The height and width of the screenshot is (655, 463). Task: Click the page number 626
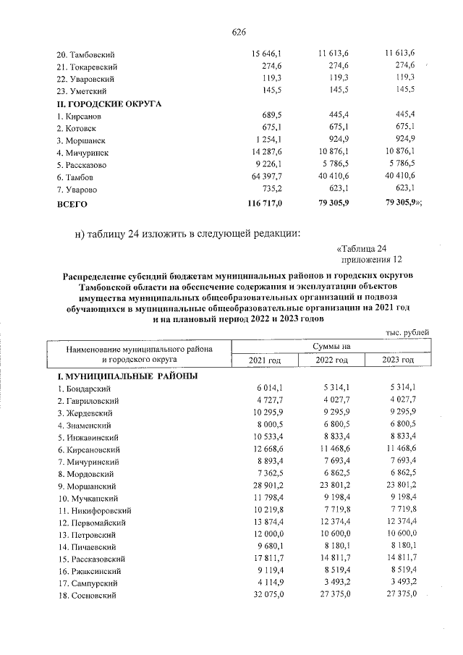[x=239, y=32]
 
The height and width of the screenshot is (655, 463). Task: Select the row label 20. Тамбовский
[x=85, y=55]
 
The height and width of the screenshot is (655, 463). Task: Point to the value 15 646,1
[x=271, y=54]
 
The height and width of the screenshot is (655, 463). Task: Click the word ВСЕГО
[x=72, y=205]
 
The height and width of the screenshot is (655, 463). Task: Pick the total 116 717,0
[x=270, y=204]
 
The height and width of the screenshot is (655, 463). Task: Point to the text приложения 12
[x=370, y=261]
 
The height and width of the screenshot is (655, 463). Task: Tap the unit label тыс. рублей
[x=407, y=331]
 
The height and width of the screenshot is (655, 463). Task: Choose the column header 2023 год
[x=397, y=360]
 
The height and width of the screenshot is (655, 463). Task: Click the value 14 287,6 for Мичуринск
[x=271, y=153]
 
